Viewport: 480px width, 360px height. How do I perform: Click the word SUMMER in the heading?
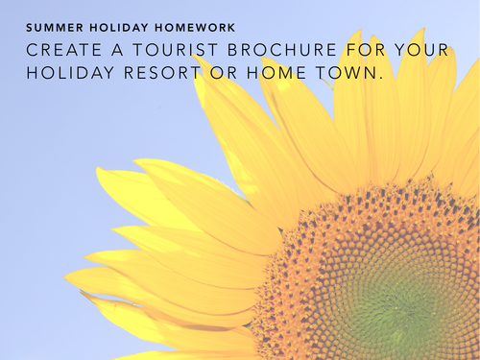tap(50, 27)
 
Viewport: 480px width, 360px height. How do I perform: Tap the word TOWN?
tap(354, 72)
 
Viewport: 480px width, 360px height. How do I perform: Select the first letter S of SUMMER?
tap(30, 27)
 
